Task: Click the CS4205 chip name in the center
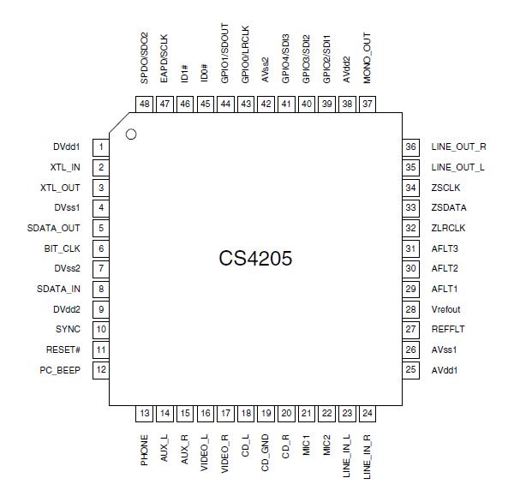pyautogui.click(x=255, y=258)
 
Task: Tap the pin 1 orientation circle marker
pyautogui.click(x=131, y=134)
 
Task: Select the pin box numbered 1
pyautogui.click(x=101, y=147)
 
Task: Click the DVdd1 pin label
pyautogui.click(x=65, y=147)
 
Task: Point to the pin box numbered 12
pyautogui.click(x=101, y=370)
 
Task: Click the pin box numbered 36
pyautogui.click(x=411, y=147)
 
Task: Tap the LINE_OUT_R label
pyautogui.click(x=458, y=147)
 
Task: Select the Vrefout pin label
pyautogui.click(x=449, y=309)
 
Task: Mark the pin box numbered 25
pyautogui.click(x=411, y=370)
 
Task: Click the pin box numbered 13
pyautogui.click(x=145, y=414)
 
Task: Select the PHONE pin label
pyautogui.click(x=145, y=449)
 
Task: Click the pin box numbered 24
pyautogui.click(x=368, y=414)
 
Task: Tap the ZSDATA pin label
pyautogui.click(x=450, y=208)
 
